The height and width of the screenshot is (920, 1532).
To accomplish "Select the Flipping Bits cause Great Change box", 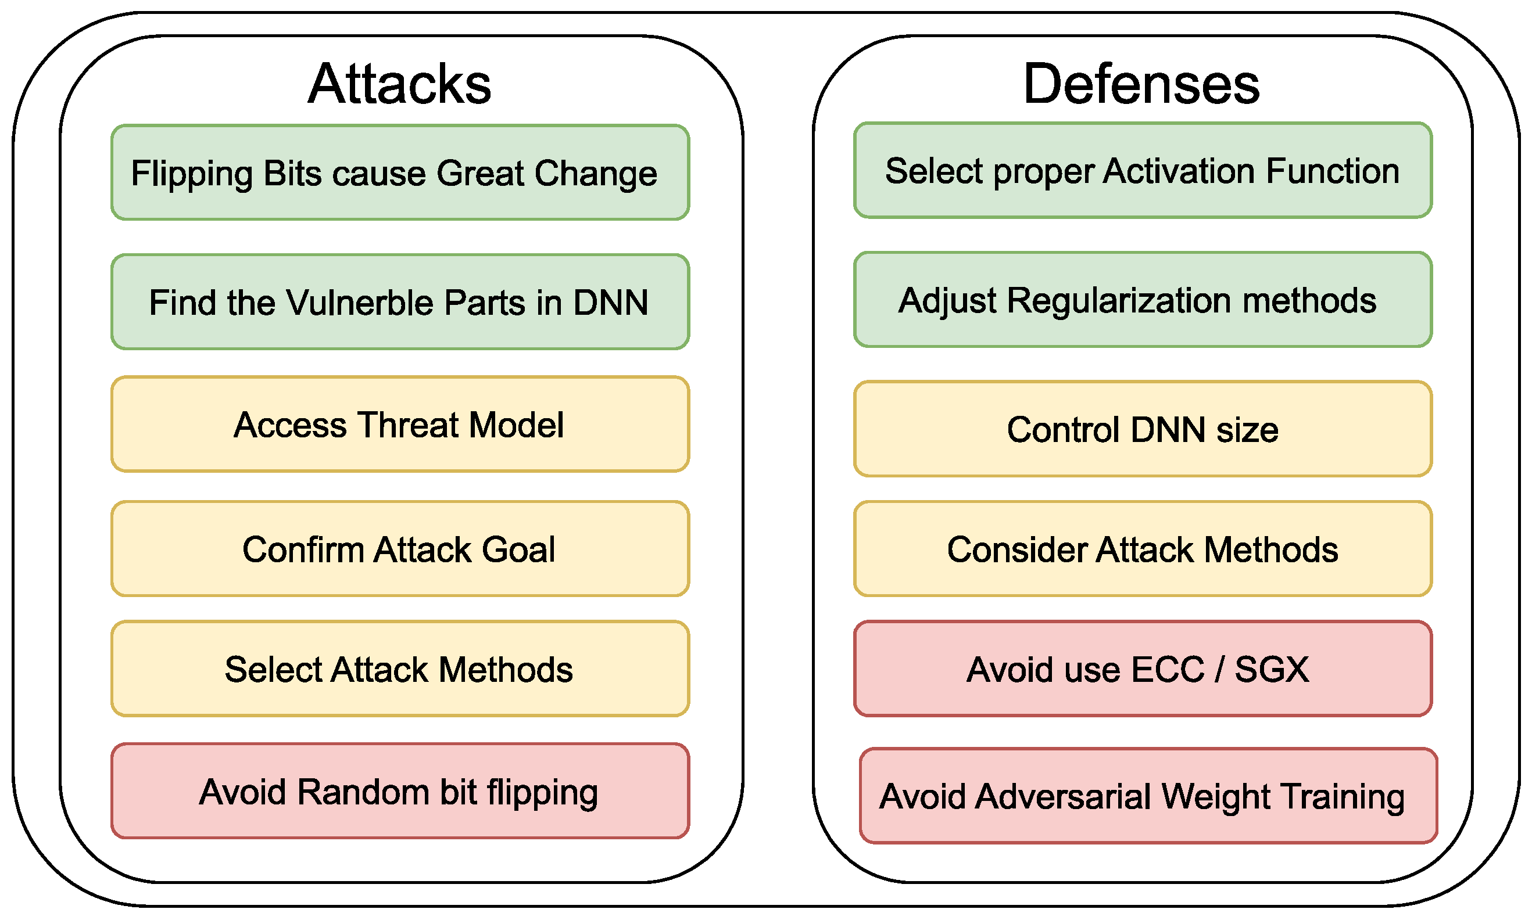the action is [400, 172].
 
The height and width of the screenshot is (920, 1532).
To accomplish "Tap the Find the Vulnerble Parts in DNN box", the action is [400, 302].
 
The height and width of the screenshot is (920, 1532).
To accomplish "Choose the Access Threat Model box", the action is [400, 424].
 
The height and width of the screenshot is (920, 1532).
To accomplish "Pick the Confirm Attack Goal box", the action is [400, 549].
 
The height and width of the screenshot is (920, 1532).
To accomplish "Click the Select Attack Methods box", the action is [400, 669].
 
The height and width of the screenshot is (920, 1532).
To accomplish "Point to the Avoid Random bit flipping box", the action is [400, 791].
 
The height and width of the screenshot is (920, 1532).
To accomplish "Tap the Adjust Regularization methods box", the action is [1143, 300].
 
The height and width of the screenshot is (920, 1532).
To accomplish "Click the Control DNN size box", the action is [1143, 429].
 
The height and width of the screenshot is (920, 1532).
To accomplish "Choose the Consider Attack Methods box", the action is [1143, 549].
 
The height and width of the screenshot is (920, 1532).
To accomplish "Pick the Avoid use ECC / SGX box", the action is [1143, 669].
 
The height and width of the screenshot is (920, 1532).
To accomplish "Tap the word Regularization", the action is [1119, 301].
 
